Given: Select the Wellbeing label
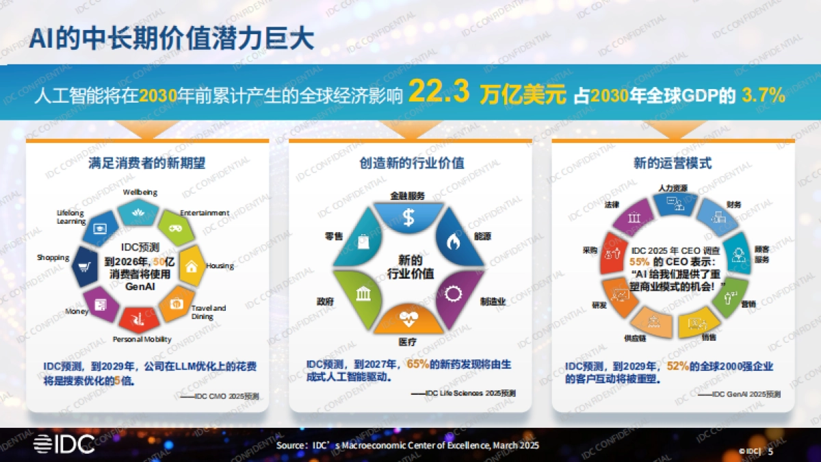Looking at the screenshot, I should (x=140, y=192).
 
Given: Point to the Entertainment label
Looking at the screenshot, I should (x=205, y=213).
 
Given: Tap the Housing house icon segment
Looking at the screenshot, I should (x=192, y=267).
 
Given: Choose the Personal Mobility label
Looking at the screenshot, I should (x=142, y=339).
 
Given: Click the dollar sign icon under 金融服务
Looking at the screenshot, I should (x=408, y=218).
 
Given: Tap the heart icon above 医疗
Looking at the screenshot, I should (x=408, y=318).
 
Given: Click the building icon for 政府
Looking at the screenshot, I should (x=363, y=294).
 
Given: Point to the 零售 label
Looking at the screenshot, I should (x=334, y=236).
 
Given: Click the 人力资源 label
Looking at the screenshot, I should (x=673, y=188).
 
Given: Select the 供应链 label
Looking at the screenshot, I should (x=635, y=337).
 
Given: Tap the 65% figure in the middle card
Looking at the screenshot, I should (x=417, y=365).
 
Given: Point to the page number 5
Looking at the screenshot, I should (x=771, y=451).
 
